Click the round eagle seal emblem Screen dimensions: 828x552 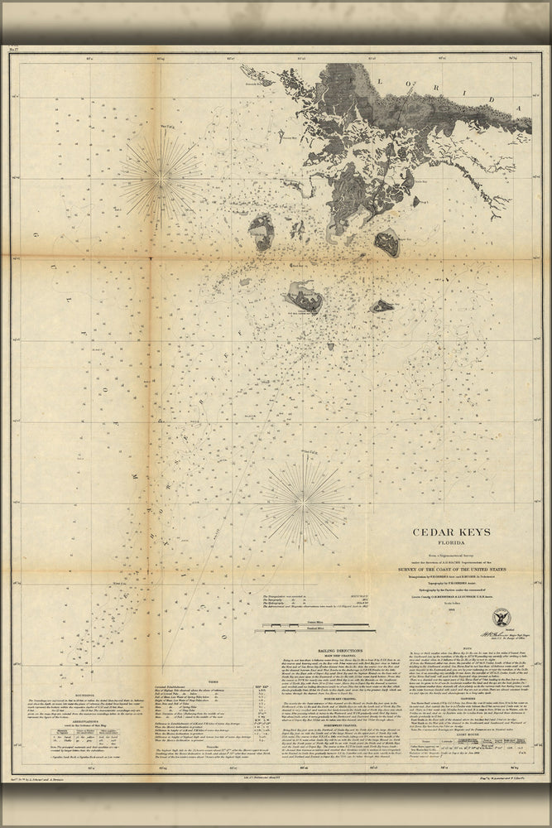click(x=502, y=617)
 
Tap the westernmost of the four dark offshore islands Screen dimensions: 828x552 click(x=262, y=232)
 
